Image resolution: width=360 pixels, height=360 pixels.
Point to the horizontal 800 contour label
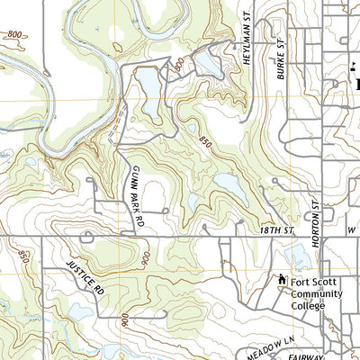(13, 34)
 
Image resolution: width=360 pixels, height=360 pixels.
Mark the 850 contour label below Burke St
(204, 143)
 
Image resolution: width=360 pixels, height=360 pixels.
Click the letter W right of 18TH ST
(352, 231)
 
